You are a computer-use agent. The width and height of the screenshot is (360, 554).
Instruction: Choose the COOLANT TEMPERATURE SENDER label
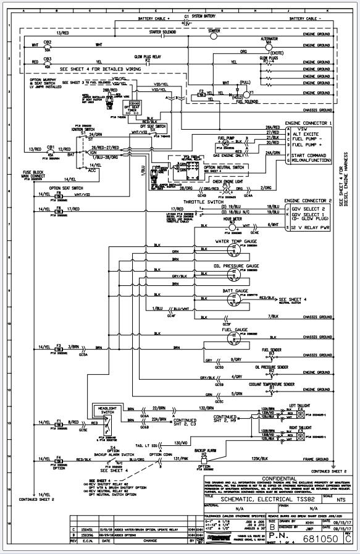272,384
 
